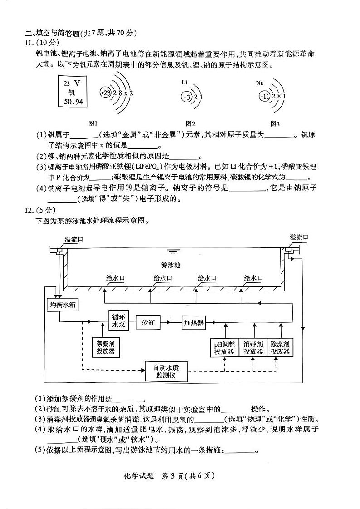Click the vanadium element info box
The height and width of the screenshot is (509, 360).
click(73, 92)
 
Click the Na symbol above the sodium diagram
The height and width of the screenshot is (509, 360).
click(259, 83)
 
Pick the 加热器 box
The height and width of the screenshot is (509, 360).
click(194, 323)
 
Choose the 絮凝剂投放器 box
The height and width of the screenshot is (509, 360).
click(105, 347)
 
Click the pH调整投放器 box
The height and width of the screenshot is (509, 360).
click(224, 348)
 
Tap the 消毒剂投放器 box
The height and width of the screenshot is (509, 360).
click(253, 348)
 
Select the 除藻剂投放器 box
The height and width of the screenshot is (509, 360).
click(280, 348)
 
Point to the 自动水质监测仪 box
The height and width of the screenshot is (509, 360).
click(166, 371)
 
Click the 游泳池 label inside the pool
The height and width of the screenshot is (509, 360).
click(170, 265)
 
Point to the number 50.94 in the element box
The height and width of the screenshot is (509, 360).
click(73, 102)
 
